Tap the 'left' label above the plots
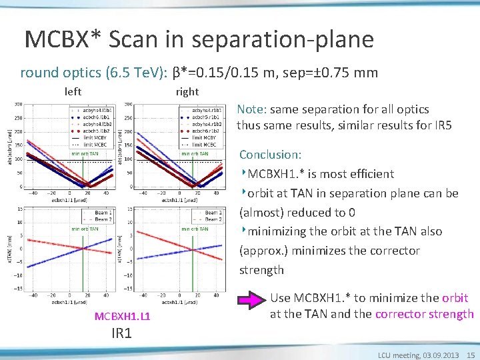point(73,91)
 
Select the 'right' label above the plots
point(187,91)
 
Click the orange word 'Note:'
point(251,109)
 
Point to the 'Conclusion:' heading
point(270,155)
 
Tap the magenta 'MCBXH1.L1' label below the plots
point(122,315)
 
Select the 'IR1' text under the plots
point(122,331)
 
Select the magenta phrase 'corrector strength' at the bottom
point(425,314)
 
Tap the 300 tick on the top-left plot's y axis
point(18,104)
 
